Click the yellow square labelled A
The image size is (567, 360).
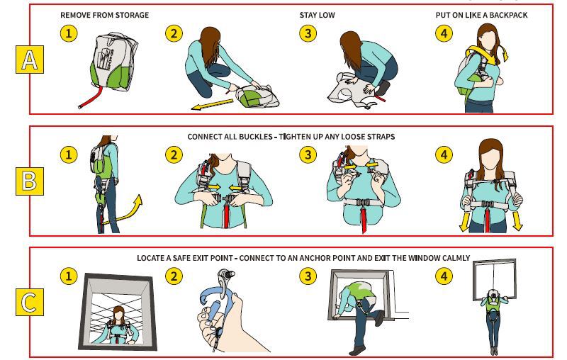coord(30,60)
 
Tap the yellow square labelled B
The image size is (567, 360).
coord(30,181)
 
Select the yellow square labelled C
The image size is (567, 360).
coord(30,302)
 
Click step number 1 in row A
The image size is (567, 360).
coord(69,33)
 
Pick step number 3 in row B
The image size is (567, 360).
coord(308,154)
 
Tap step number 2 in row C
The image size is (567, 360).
coord(174,276)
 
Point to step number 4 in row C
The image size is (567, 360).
coord(444,276)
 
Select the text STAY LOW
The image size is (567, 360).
coord(317,15)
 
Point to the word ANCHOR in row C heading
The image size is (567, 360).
coord(315,258)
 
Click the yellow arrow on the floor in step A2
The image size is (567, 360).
coord(212,104)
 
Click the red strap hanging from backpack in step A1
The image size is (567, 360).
coord(91,99)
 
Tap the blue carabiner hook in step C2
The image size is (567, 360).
coord(211,296)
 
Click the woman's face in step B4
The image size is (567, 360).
coord(490,159)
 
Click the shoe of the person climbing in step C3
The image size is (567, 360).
coord(357,350)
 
